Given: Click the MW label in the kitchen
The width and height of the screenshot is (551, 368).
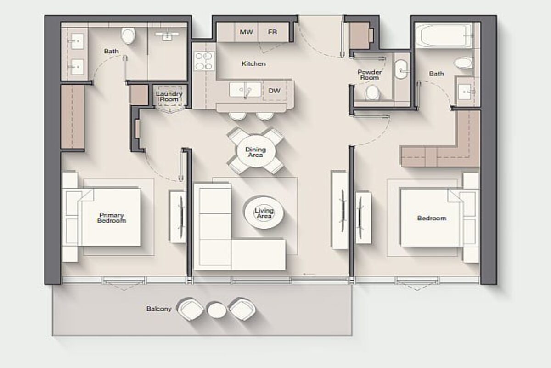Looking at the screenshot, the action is [246, 32].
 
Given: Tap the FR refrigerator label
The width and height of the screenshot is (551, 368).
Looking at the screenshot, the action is [272, 32].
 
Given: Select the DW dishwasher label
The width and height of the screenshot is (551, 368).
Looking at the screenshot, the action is [274, 91].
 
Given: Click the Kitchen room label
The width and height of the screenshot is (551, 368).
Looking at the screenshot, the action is [253, 63].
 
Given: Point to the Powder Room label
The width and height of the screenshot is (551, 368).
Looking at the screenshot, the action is [369, 75].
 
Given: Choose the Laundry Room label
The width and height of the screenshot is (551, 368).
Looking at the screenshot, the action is [169, 97].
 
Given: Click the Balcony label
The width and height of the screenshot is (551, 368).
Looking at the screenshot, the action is [159, 309].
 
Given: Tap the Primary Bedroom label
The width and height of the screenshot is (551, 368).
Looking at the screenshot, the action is [112, 218].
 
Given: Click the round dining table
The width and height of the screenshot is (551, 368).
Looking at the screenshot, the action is [256, 151].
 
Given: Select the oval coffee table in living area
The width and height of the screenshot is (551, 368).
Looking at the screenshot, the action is [264, 213].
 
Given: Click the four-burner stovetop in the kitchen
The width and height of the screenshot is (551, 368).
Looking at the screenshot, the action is [204, 61].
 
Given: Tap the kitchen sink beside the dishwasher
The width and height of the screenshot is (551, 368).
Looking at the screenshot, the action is [245, 90].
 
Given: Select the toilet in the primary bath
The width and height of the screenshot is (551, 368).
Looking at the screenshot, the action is [128, 35].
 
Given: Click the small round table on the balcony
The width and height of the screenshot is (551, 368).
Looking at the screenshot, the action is [217, 310].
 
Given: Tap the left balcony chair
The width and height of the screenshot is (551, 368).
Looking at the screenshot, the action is [191, 309].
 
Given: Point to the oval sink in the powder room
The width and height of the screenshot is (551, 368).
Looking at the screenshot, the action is [401, 69].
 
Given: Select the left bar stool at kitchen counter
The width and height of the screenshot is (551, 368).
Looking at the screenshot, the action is [237, 115].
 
